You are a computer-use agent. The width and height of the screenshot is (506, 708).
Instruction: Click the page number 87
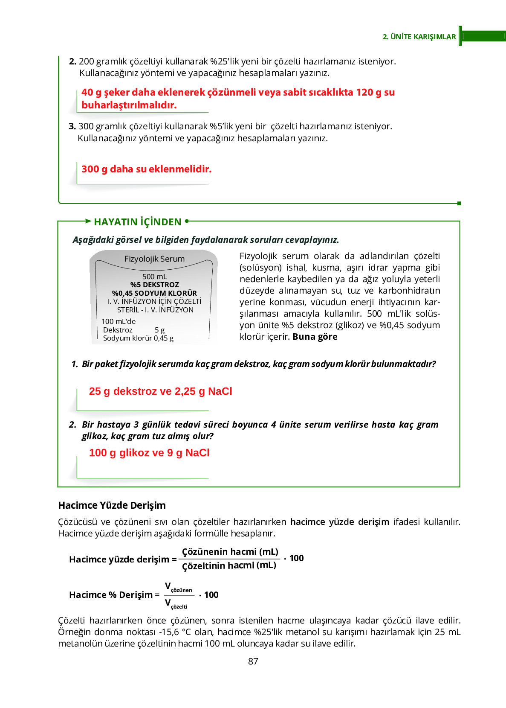[x=253, y=661]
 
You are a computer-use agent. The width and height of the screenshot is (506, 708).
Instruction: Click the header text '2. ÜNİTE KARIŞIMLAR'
[x=419, y=37]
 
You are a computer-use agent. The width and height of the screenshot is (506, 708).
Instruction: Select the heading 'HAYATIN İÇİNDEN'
[x=137, y=222]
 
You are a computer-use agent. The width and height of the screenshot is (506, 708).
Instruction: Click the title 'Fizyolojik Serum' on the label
[x=154, y=259]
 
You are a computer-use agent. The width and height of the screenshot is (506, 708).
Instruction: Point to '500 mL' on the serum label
[x=154, y=277]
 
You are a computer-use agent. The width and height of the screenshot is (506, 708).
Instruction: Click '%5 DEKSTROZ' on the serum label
[x=154, y=285]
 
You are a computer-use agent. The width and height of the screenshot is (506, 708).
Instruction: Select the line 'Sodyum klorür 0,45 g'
[x=138, y=338]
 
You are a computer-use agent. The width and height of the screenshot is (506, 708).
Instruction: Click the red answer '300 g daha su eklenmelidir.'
[x=146, y=169]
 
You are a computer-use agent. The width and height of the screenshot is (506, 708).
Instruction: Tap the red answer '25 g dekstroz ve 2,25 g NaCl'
[x=160, y=391]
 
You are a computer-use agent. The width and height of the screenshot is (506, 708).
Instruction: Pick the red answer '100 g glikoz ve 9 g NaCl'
[x=149, y=453]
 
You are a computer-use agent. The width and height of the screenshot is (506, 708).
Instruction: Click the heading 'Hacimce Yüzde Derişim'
[x=112, y=505]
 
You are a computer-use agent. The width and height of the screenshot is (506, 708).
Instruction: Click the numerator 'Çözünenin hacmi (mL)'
[x=230, y=551]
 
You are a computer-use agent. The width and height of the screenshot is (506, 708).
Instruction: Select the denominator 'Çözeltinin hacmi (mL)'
[x=229, y=565]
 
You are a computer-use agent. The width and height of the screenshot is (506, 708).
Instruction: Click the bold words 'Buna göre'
[x=315, y=337]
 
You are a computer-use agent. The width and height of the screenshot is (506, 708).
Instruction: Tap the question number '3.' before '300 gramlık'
[x=72, y=126]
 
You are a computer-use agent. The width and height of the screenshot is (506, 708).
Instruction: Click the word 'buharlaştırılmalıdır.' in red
[x=129, y=105]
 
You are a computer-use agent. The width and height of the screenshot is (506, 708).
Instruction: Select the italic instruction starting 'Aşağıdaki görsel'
[x=205, y=240]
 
